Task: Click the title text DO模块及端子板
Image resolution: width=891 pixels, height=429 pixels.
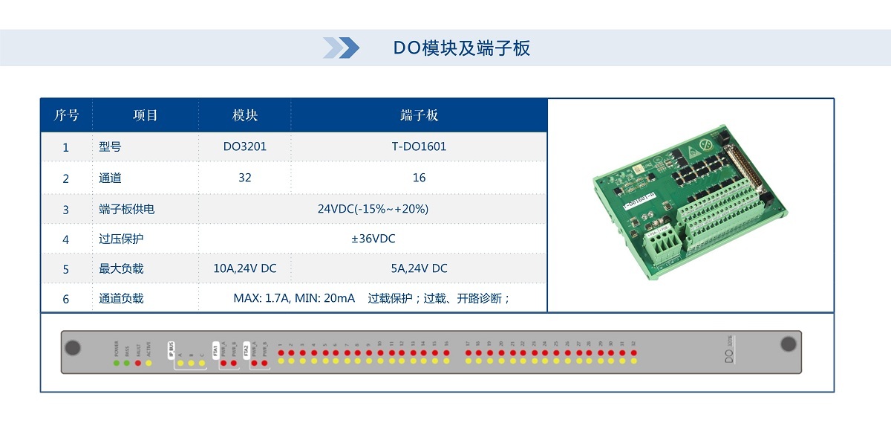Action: tap(461, 48)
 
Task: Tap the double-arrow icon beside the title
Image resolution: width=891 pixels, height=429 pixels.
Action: tap(341, 48)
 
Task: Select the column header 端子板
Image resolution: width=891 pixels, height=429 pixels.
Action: tap(419, 115)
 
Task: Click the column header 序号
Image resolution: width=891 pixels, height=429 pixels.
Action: tap(66, 115)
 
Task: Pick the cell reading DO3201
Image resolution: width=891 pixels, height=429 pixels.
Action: tap(244, 146)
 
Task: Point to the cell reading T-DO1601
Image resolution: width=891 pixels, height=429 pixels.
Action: tap(419, 146)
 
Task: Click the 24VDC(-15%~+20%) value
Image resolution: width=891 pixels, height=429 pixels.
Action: tap(373, 209)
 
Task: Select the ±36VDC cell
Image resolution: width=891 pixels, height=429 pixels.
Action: tap(373, 239)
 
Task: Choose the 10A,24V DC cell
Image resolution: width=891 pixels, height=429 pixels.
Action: tap(244, 268)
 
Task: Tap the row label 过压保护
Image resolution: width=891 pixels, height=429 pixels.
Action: tap(120, 239)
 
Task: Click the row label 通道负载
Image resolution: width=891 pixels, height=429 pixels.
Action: tap(120, 298)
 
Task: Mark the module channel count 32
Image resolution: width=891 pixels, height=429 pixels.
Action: tap(244, 178)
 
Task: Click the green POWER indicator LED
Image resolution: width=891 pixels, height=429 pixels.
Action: tap(117, 362)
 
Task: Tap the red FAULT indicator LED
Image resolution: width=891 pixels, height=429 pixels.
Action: tap(137, 362)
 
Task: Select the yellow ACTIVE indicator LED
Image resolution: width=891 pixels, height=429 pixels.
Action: tap(148, 362)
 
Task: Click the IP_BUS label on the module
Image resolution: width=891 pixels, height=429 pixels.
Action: tap(172, 346)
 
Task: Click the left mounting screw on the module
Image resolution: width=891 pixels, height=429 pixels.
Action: tap(73, 347)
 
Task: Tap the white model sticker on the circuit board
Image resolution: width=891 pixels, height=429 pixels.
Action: tap(640, 201)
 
